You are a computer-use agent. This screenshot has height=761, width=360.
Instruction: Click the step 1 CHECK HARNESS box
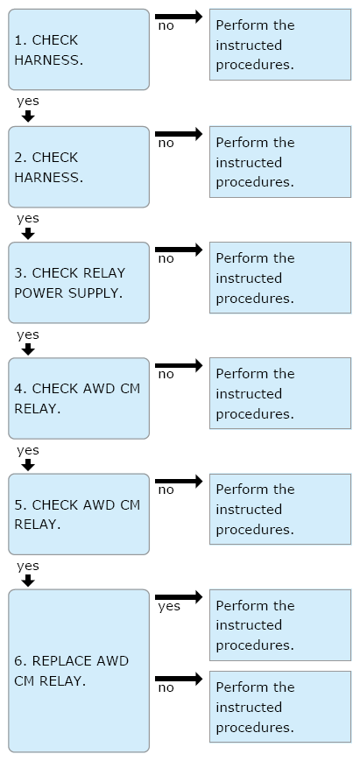point(79,50)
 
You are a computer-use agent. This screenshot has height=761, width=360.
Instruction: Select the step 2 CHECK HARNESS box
point(79,167)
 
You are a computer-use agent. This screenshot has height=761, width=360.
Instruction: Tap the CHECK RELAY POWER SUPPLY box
point(79,283)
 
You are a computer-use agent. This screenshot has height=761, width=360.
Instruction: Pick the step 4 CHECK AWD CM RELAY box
point(79,398)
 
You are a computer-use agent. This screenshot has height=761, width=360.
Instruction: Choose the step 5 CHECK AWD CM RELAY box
point(79,514)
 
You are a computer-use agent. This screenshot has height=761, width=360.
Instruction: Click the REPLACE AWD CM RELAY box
point(79,671)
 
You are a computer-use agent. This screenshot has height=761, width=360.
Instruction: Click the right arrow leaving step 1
point(179,17)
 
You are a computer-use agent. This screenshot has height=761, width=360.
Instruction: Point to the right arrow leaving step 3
point(179,250)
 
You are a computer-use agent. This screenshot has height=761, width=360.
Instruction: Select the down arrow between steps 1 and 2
point(29,116)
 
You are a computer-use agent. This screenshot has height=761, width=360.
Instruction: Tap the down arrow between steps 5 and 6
point(29,581)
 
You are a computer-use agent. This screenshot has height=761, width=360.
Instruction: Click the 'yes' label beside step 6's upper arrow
point(169,606)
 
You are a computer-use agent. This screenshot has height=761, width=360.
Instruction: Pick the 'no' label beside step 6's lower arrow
point(166,687)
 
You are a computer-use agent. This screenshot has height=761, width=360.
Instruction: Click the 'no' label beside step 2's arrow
point(166,143)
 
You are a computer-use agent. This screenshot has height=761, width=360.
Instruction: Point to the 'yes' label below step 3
point(28,335)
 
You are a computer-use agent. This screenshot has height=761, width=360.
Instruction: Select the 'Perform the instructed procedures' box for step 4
point(280,393)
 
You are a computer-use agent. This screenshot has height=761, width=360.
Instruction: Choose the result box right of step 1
point(280,45)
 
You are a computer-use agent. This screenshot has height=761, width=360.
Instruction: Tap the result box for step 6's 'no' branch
point(280,707)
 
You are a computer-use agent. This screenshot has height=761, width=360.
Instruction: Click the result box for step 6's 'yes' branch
point(280,625)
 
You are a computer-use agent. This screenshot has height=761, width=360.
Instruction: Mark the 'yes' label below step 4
point(28,450)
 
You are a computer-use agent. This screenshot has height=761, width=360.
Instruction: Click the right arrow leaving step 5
point(179,482)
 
